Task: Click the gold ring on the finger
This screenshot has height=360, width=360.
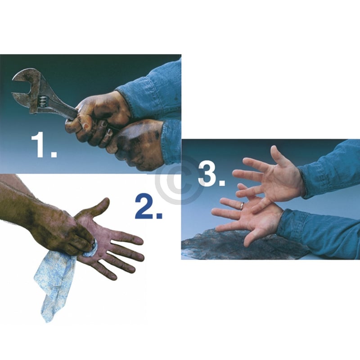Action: (x=242, y=206)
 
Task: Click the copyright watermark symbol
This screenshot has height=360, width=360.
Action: (x=179, y=180)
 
